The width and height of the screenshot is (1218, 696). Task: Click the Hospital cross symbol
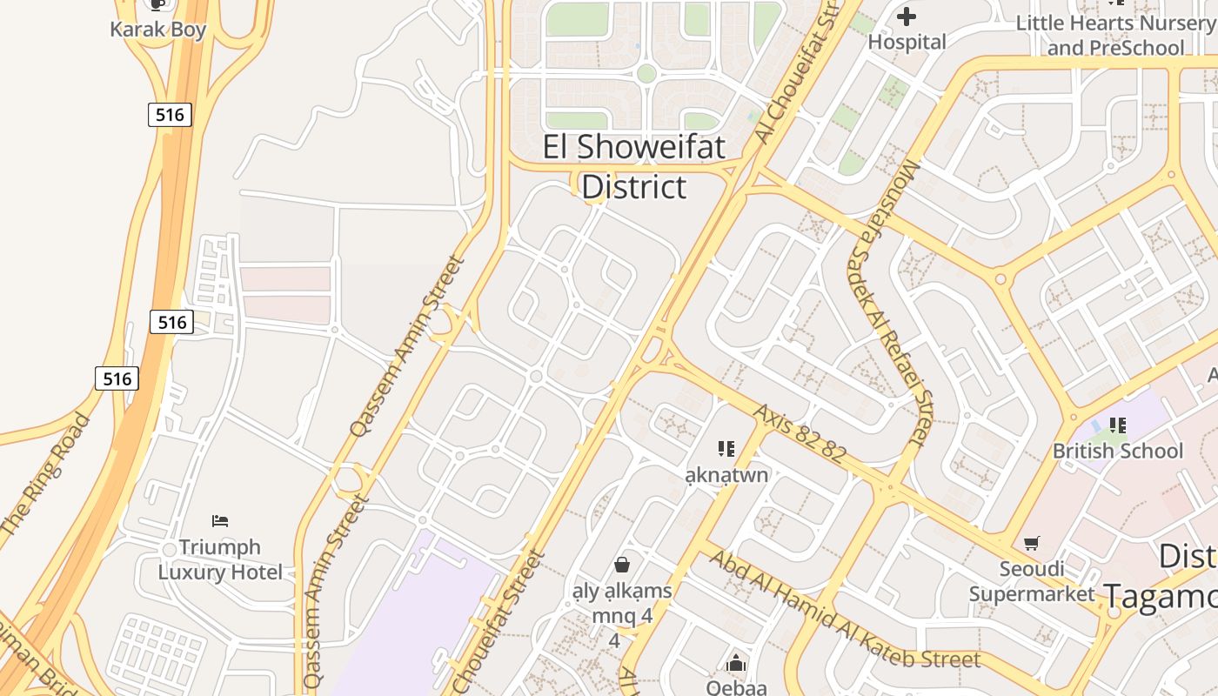(907, 17)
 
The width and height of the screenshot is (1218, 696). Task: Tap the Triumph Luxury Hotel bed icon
(220, 521)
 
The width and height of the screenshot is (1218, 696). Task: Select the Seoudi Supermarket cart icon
(1032, 544)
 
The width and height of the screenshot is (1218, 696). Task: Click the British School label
(1118, 451)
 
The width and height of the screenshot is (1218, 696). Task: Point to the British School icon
(1118, 425)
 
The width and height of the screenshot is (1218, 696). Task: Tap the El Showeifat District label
(634, 166)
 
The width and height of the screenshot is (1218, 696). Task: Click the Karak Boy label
(158, 30)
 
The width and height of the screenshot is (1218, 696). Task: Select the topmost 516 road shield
(170, 114)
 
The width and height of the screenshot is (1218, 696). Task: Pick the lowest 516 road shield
(117, 378)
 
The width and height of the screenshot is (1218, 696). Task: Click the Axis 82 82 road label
(800, 433)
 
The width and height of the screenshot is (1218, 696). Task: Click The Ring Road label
(46, 474)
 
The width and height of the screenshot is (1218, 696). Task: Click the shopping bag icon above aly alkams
(622, 565)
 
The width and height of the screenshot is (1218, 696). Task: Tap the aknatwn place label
(726, 475)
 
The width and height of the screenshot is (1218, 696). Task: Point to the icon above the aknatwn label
(726, 449)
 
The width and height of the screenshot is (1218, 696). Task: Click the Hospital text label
(907, 42)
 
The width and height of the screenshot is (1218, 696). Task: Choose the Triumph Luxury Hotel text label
(220, 559)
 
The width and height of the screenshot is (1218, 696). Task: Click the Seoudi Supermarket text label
(1031, 581)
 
